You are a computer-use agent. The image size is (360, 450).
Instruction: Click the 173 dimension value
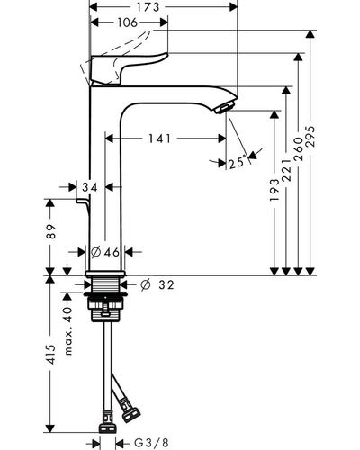(148, 7)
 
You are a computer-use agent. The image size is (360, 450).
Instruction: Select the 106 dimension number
(128, 22)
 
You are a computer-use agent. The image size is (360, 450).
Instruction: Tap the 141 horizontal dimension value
(160, 139)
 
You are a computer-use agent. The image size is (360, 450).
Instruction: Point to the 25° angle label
(237, 163)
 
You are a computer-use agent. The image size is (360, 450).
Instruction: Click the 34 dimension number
(90, 187)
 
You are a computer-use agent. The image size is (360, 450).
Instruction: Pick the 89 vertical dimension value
(51, 231)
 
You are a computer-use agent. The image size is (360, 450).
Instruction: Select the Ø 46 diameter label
(105, 252)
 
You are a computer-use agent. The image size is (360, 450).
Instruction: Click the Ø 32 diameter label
(157, 284)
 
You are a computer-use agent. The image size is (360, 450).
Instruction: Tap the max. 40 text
(68, 331)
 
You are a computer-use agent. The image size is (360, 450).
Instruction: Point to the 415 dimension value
(51, 355)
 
